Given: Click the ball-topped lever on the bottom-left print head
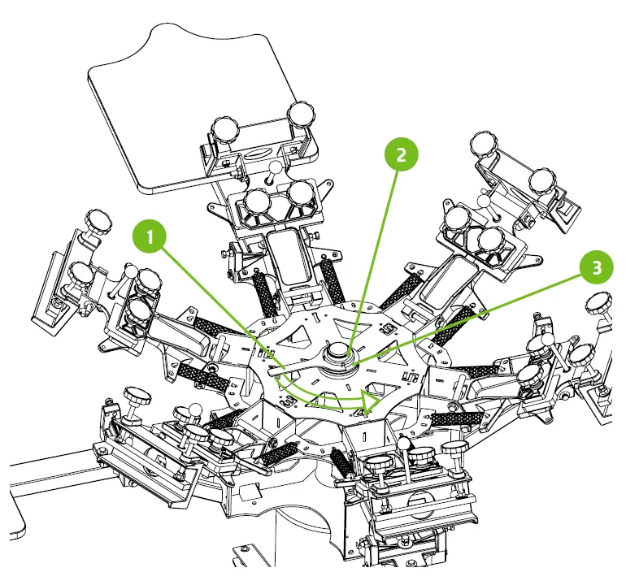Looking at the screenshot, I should tap(195, 409).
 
